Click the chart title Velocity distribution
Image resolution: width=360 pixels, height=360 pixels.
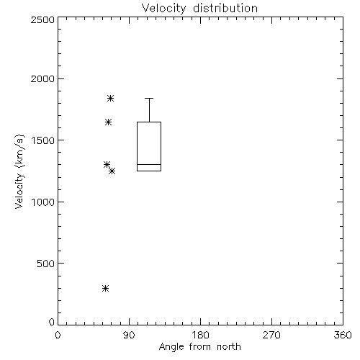coord(199,8)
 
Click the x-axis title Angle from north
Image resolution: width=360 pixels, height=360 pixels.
coord(199,347)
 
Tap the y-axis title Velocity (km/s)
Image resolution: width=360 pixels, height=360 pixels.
coord(19,171)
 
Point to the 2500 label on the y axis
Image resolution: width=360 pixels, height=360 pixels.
coord(42,19)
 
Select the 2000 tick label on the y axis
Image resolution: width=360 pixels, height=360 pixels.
coord(42,78)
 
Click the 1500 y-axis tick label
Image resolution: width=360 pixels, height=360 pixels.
coord(43,140)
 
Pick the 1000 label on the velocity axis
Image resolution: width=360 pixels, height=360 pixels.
coord(43,202)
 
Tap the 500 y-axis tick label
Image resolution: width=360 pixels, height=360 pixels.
coord(46,264)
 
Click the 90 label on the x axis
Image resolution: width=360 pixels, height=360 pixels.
coord(129,335)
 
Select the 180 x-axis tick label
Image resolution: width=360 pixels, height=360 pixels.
coord(200,335)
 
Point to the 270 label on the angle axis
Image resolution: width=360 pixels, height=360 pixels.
coord(271,335)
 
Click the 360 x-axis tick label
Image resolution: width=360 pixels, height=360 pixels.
coord(343,335)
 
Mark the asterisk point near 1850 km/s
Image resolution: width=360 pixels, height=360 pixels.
coord(110,98)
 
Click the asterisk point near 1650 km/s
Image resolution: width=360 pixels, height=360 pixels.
coord(108,122)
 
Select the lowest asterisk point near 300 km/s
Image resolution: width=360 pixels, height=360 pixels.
coord(106,288)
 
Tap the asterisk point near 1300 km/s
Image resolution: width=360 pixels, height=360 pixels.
coord(107,164)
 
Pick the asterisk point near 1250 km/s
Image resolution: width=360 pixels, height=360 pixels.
coord(112,171)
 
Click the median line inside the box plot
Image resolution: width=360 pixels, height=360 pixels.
coord(149,164)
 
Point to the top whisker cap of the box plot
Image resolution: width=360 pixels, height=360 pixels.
coord(149,98)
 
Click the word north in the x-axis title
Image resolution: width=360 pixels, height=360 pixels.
coord(229,347)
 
